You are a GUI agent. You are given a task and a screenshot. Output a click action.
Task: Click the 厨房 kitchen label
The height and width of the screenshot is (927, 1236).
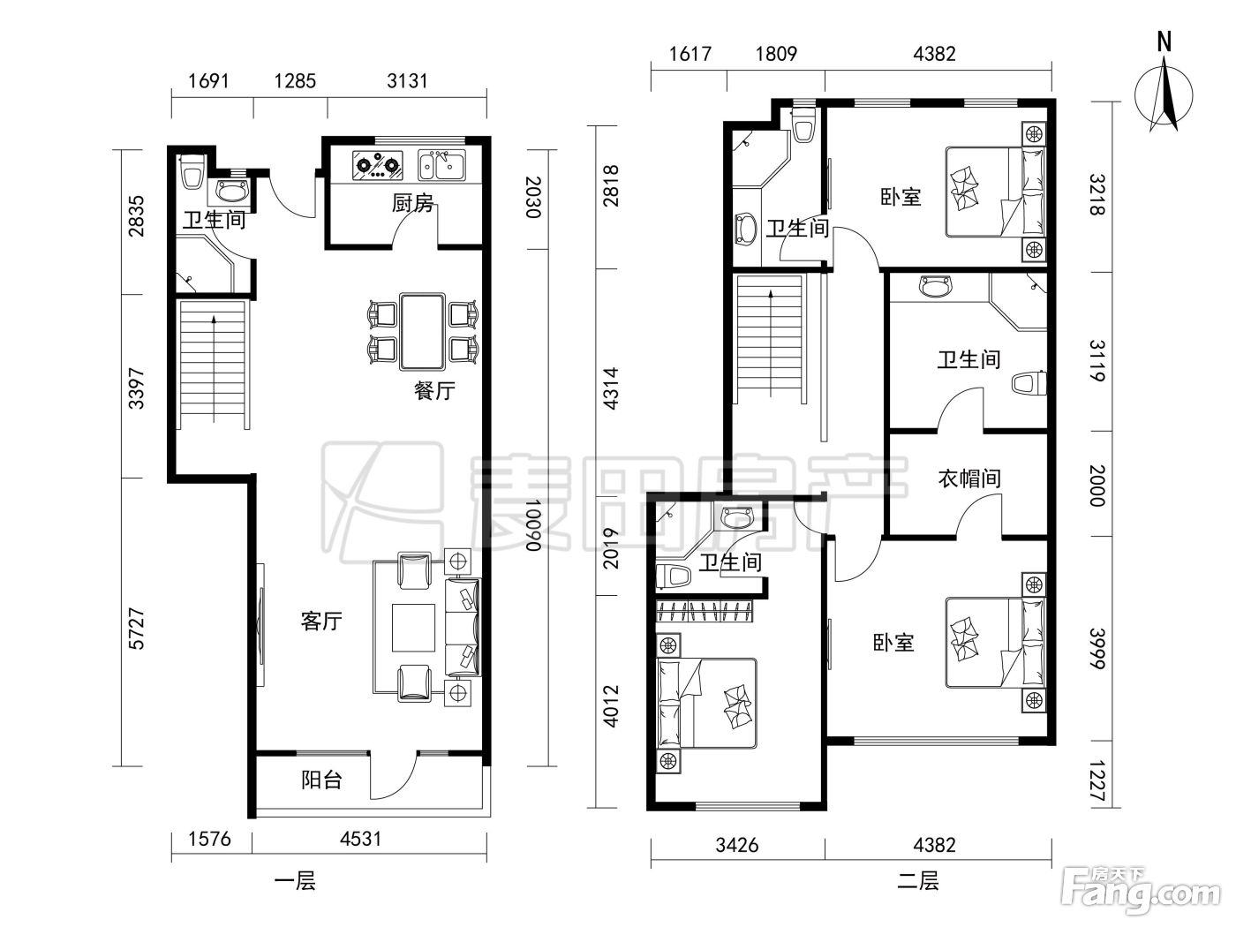click(413, 203)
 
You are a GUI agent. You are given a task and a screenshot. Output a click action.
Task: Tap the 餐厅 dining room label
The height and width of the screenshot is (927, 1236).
click(434, 390)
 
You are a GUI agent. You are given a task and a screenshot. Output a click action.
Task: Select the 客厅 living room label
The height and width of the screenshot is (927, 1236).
click(321, 622)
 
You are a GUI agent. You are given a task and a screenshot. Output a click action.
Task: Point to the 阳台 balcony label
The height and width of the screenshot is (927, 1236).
click(321, 780)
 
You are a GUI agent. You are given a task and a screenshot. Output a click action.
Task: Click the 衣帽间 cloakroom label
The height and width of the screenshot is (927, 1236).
click(969, 479)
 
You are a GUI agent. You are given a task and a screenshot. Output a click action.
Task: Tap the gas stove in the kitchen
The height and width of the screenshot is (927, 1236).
click(378, 165)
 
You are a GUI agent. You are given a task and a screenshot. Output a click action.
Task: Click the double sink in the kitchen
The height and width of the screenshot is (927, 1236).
click(441, 165)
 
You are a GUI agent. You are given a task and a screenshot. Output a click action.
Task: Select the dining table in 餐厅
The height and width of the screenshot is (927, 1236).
click(422, 332)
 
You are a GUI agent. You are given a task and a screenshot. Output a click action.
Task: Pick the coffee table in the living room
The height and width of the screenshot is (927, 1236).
click(413, 628)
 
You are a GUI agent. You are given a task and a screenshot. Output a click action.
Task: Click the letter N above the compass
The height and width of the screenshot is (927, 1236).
click(1164, 42)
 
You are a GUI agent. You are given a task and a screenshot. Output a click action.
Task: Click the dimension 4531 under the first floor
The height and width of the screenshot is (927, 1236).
click(360, 840)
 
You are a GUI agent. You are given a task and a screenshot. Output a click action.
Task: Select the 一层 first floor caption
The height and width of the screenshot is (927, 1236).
click(295, 881)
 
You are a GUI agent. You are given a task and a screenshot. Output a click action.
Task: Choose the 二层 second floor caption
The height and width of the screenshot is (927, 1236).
click(918, 881)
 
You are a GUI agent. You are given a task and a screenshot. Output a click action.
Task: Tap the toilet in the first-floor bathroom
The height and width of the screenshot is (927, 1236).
click(192, 171)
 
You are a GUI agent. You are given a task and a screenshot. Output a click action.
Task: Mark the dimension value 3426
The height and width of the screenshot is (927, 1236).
click(736, 846)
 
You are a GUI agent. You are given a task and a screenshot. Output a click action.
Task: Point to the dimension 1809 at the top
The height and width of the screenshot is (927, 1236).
click(776, 54)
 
